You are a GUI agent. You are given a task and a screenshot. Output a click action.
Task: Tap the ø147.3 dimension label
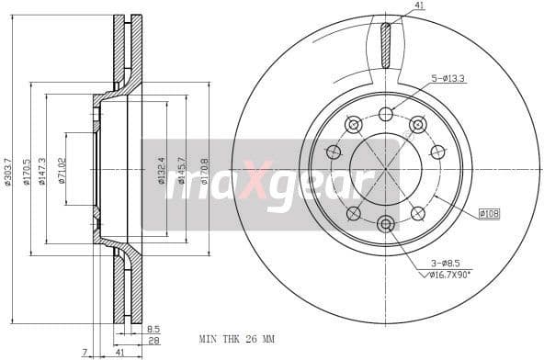point(42,170)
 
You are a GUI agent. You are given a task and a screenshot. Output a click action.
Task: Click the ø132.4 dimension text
point(162,170)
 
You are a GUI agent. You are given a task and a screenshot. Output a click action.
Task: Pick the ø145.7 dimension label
point(182,170)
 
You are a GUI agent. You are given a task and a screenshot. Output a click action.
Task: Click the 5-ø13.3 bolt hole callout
point(448,79)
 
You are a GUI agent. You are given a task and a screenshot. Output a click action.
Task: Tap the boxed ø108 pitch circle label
point(489,214)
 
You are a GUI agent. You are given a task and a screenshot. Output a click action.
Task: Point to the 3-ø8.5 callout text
point(448,263)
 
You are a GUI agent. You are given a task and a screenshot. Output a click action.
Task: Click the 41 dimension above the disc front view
point(420,6)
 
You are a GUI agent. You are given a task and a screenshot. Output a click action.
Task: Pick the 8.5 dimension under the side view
point(153,328)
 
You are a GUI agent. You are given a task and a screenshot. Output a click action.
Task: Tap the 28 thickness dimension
point(153,340)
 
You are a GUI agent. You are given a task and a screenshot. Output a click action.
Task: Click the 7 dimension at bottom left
point(83,351)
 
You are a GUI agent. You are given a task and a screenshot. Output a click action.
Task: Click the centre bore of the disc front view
point(386,169)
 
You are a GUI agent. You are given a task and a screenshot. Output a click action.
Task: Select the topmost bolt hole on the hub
point(386,114)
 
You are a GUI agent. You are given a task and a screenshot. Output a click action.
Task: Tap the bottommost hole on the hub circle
point(386,223)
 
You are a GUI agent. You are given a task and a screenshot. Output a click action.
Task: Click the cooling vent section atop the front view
point(386,43)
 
